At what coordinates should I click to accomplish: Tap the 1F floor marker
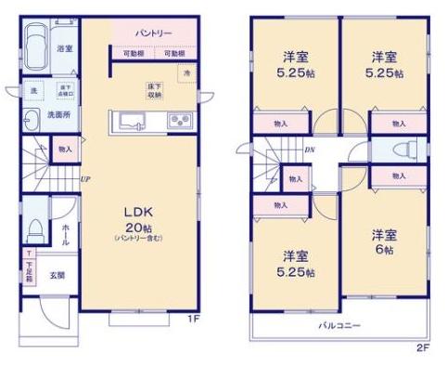coord(192,320)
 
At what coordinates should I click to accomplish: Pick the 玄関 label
coord(57,274)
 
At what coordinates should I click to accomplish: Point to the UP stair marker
coord(85,179)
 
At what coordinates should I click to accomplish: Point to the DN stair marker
coord(312,148)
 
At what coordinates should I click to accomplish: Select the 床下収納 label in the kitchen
coord(154,91)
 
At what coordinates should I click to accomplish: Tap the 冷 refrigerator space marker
coord(186,72)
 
